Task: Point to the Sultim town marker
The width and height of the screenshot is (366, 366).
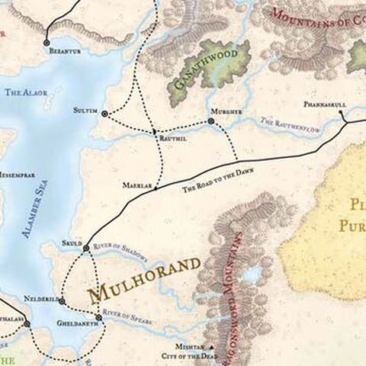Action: point(104,114)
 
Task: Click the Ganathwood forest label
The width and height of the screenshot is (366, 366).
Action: point(201,68)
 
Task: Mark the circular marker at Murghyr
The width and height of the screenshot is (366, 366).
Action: point(211,121)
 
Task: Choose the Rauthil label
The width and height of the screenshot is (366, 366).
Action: point(172,139)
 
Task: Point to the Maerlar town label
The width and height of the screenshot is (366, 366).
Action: point(135,185)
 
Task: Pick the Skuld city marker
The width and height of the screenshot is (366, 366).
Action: point(86,248)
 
